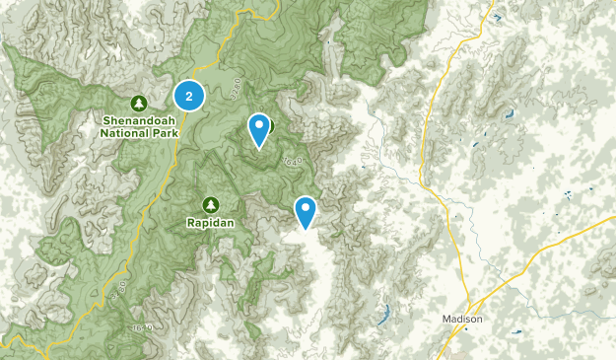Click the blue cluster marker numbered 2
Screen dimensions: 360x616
tap(189, 96)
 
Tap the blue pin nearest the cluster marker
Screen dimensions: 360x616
tap(259, 129)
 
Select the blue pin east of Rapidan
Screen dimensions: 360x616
tap(306, 211)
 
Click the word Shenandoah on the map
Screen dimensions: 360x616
tap(139, 122)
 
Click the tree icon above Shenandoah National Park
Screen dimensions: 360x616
tap(139, 103)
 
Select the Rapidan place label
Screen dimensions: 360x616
tap(210, 224)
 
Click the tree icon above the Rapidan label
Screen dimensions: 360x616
tap(210, 204)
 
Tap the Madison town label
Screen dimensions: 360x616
tap(462, 319)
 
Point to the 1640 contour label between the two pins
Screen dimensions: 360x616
tap(291, 160)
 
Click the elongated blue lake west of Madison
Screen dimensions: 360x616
tap(382, 319)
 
